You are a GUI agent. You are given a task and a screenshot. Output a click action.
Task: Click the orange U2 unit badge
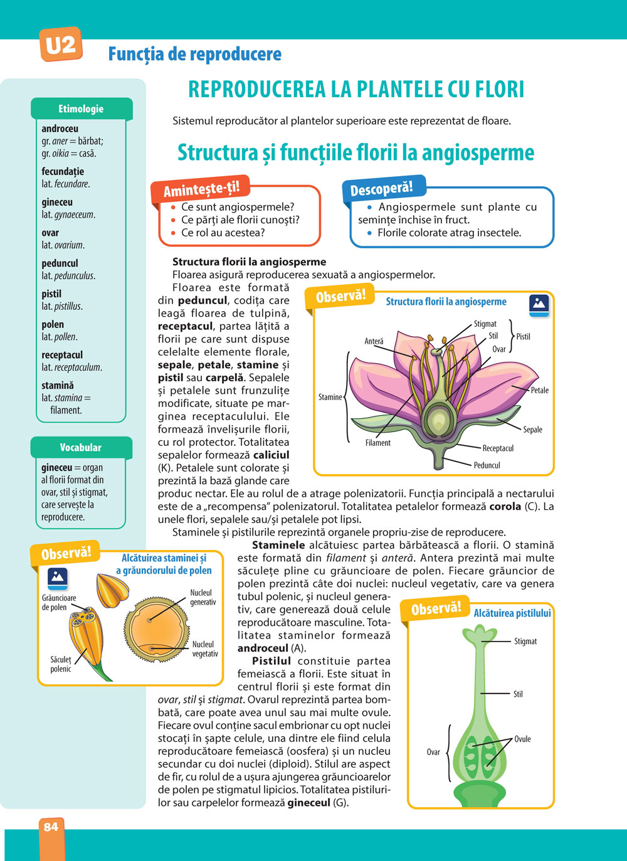coord(61,45)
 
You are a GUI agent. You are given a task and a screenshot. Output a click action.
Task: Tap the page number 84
coord(51,827)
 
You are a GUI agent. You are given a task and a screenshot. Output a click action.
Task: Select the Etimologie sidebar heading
coord(81,109)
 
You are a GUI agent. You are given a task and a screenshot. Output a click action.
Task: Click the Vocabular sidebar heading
coord(81,448)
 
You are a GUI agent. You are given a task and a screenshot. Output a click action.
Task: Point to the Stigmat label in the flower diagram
coord(485,324)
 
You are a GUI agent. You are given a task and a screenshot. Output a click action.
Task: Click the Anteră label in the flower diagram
coord(374,342)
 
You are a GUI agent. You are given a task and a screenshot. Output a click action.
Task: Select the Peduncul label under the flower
coord(487,465)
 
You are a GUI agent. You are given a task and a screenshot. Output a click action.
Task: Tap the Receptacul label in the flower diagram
coord(498,448)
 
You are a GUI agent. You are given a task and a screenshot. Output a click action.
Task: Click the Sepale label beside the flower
coord(532,430)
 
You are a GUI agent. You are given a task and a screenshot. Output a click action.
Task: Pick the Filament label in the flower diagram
coord(377,443)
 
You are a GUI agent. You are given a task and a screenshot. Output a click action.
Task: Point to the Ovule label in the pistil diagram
coord(522,739)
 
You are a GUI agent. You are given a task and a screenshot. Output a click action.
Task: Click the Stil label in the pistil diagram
coord(518,694)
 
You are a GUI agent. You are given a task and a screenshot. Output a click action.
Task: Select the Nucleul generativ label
coord(203,598)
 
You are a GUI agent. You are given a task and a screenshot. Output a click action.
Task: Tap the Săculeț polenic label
coord(61,665)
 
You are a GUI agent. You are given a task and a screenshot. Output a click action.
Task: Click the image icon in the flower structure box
coord(539,304)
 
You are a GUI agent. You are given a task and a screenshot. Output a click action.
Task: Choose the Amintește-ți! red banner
coord(201,189)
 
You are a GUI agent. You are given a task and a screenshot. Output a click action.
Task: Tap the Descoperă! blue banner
coord(381,189)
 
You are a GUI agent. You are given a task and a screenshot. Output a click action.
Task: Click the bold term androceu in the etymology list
coord(60,129)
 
